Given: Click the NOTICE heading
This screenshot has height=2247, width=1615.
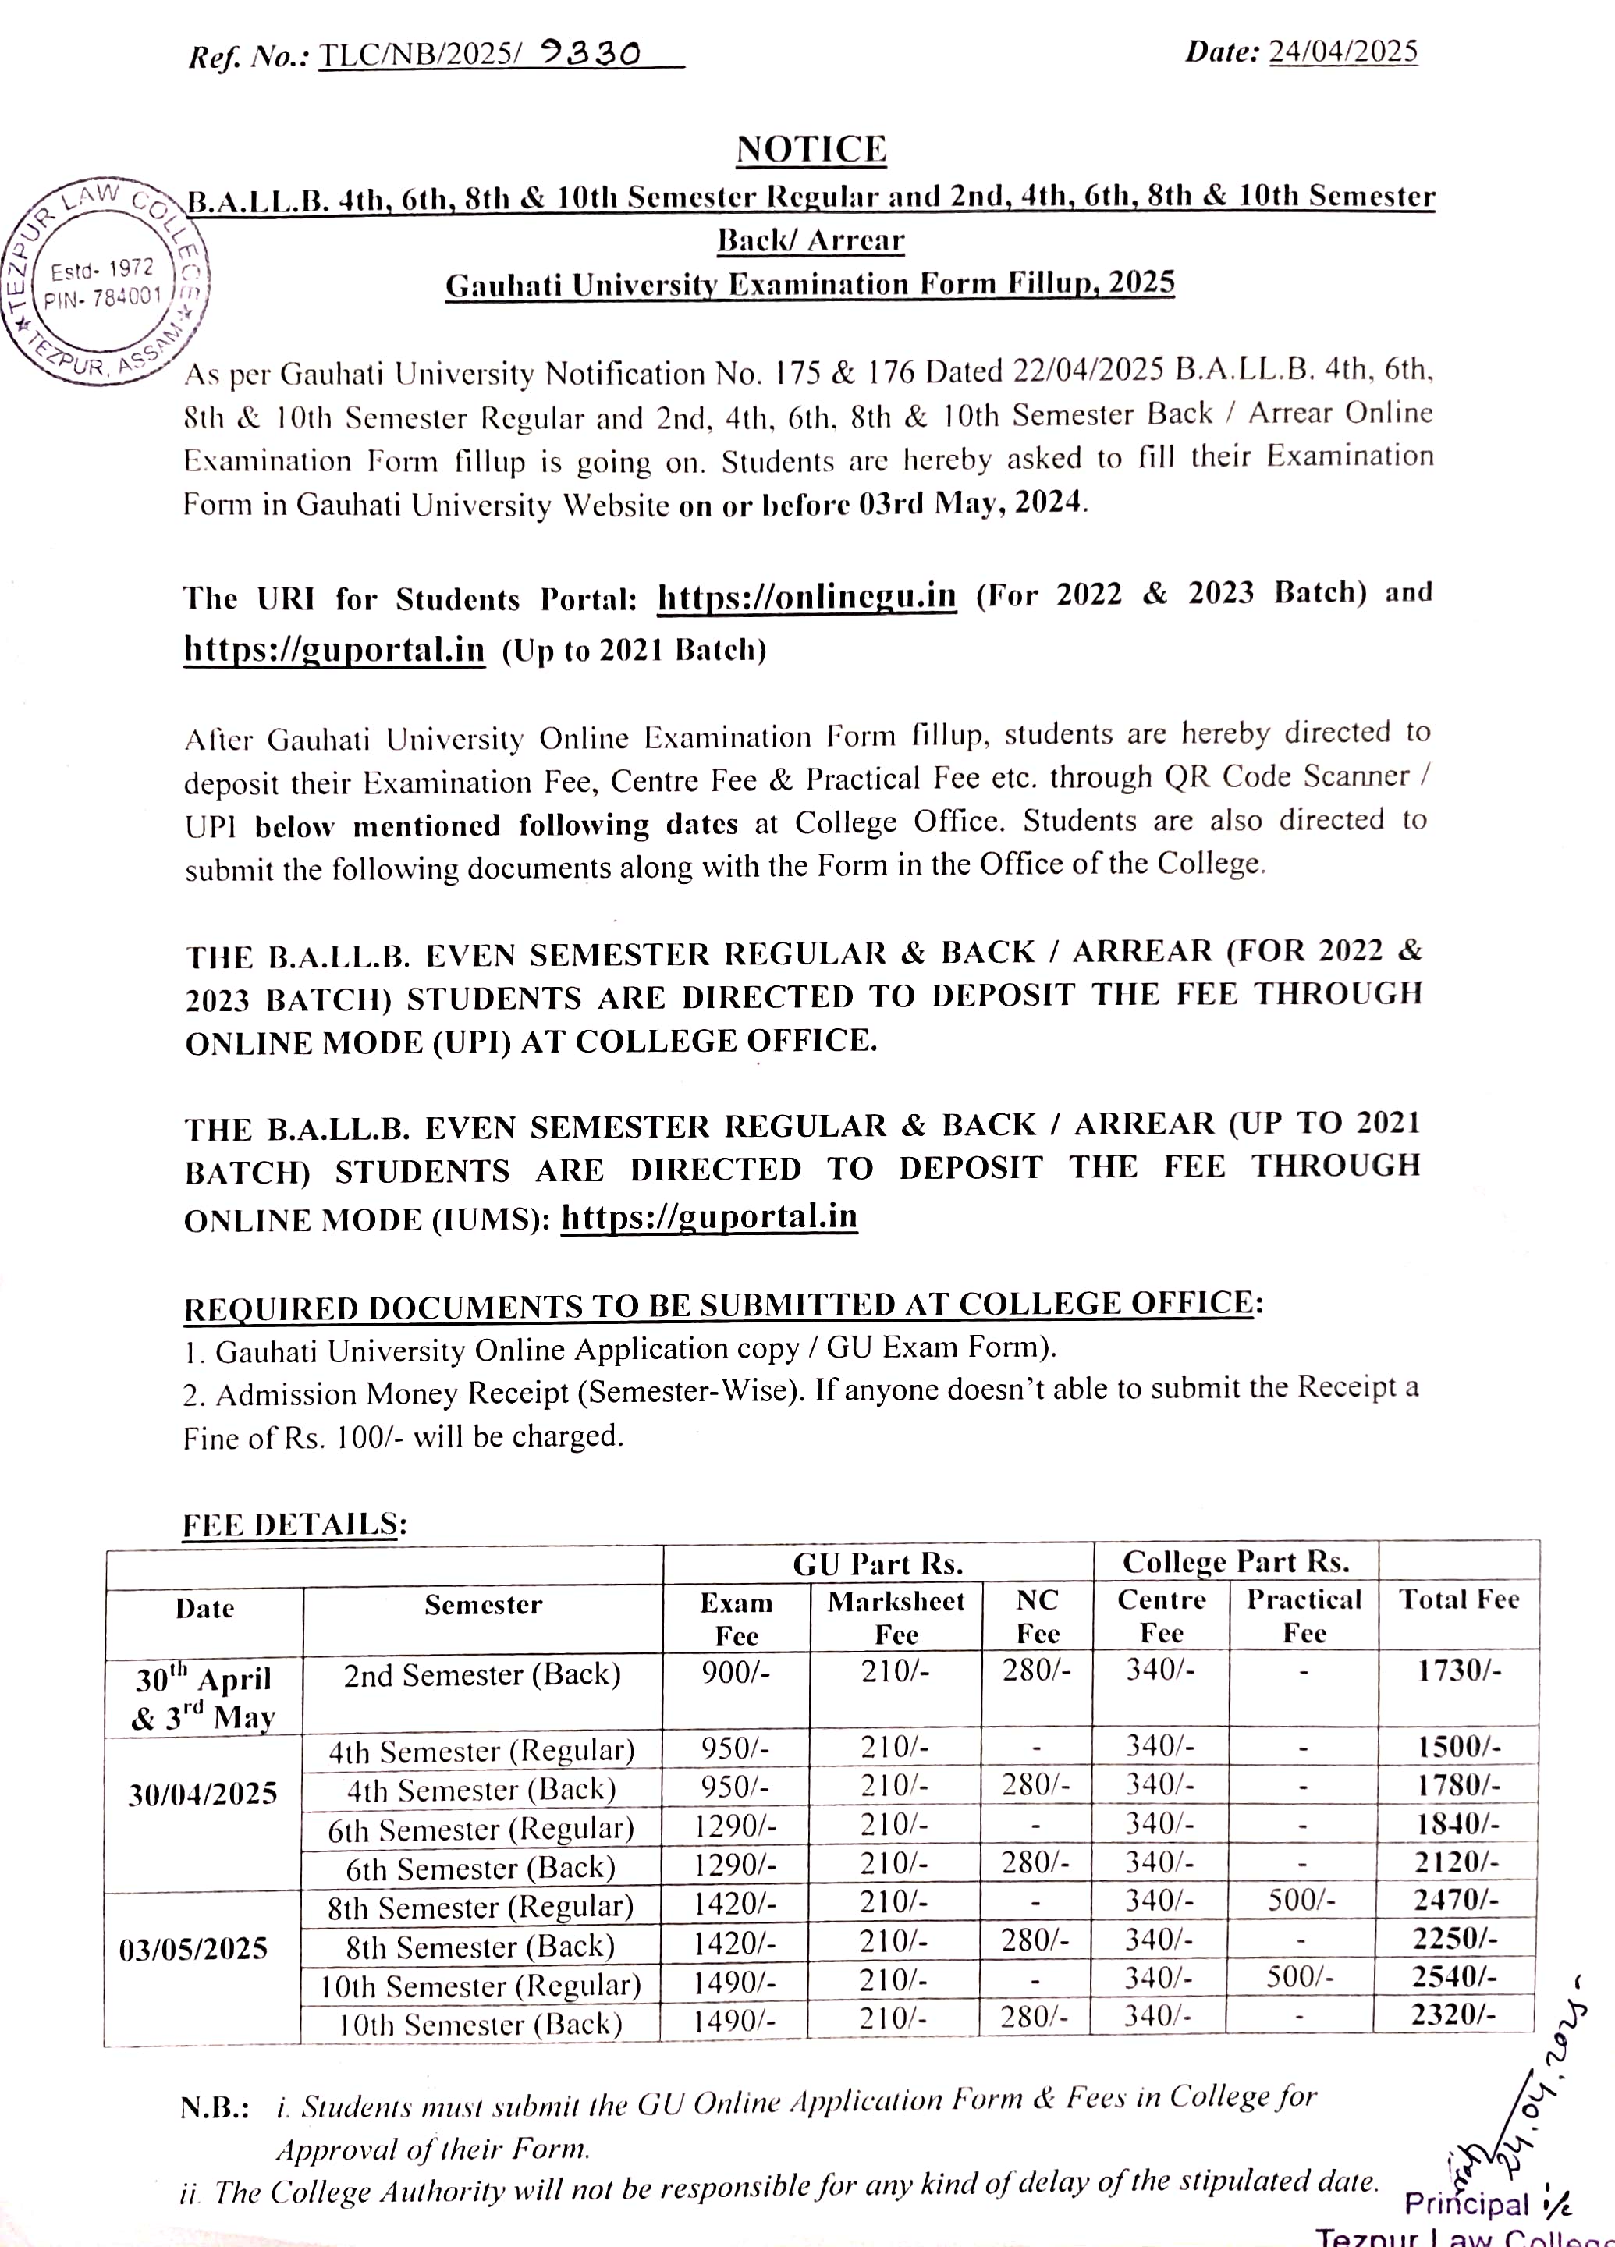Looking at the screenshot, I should click(811, 150).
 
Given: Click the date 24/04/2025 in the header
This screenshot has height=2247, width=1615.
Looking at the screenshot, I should click(1343, 51).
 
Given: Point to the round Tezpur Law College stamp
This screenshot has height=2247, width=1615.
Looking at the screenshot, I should click(104, 282).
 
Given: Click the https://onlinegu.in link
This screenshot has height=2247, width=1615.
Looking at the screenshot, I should click(807, 596).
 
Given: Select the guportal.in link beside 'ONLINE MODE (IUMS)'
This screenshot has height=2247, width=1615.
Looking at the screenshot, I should click(708, 1216).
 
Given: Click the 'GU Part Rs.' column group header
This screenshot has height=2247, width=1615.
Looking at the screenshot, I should click(878, 1564).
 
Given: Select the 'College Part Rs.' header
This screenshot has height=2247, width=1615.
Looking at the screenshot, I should click(1236, 1561).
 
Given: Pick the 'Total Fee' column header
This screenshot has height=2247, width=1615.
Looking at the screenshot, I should click(1458, 1599).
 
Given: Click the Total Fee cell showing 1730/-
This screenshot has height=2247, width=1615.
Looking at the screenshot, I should click(1458, 1670).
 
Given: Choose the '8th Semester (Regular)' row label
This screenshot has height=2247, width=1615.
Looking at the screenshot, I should click(481, 1907).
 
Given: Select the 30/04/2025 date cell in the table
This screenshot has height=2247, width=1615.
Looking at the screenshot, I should click(203, 1793).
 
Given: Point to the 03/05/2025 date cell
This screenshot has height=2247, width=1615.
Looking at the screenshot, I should click(193, 1949).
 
